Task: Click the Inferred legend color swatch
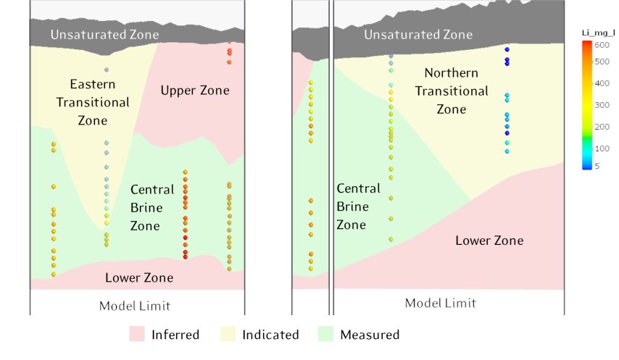pos(138,334)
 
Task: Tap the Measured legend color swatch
pos(326,334)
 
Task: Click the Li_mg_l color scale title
pos(599,33)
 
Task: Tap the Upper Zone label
pos(195,91)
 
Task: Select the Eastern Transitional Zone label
pos(93,102)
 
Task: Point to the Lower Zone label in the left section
pos(139,277)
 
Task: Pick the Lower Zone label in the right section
pos(489,240)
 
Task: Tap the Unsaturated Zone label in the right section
pos(418,34)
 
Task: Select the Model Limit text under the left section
pos(135,306)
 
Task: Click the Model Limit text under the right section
pos(441,303)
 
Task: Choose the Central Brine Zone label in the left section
pos(152,208)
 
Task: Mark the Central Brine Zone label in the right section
pos(358,206)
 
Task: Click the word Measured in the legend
pos(370,335)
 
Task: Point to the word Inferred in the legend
pos(175,335)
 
